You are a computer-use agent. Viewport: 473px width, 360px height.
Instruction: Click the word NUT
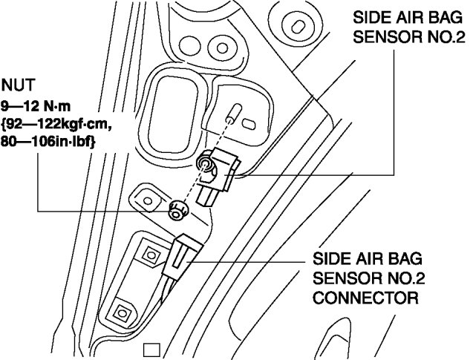coord(17,85)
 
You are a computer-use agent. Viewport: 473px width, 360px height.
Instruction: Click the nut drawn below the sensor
coord(177,211)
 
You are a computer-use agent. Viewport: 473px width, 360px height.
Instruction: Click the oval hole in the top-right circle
coord(299,27)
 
